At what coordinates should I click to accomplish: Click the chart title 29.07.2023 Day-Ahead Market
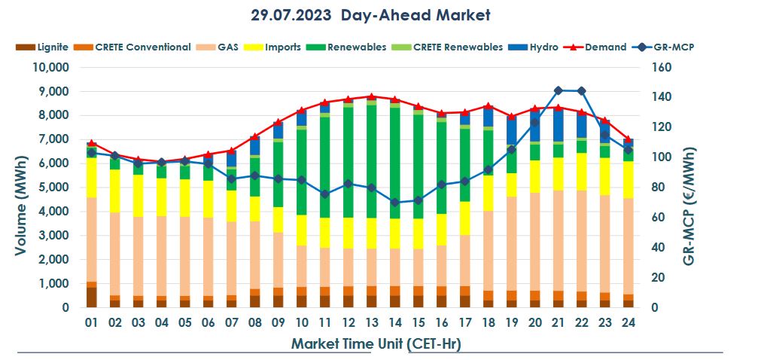tap(370, 14)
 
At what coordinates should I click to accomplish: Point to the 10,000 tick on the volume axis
tap(51, 67)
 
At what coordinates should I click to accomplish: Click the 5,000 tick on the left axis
tap(54, 188)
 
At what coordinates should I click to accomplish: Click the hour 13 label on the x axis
tap(371, 322)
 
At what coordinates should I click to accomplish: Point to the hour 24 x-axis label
tap(628, 322)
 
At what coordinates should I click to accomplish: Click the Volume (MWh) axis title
tap(21, 188)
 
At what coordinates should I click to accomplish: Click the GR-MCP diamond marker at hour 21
tap(558, 90)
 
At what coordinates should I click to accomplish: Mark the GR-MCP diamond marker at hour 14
tap(394, 203)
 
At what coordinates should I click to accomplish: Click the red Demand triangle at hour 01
tap(91, 143)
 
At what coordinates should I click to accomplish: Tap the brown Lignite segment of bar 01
tap(91, 297)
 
